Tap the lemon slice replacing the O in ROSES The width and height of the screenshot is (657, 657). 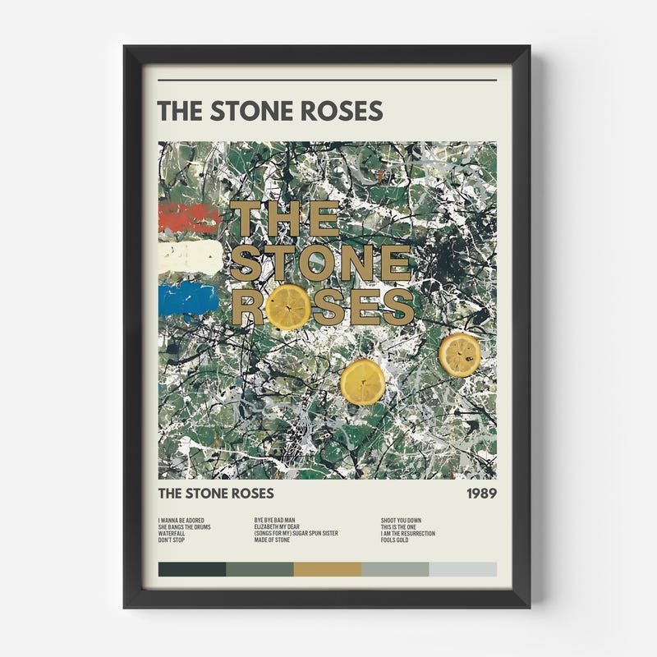click(x=289, y=306)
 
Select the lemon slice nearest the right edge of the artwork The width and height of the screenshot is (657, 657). click(x=459, y=353)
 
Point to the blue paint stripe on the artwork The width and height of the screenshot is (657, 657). click(x=188, y=298)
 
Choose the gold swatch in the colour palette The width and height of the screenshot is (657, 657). click(x=327, y=569)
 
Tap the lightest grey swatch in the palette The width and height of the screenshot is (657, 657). click(x=463, y=569)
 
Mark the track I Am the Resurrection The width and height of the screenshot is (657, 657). click(x=407, y=534)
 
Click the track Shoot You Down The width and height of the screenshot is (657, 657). click(x=401, y=520)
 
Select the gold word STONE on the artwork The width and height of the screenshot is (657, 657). click(x=320, y=263)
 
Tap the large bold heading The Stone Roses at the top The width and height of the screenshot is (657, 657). click(x=269, y=110)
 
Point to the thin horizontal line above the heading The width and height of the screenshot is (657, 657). click(x=327, y=80)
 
